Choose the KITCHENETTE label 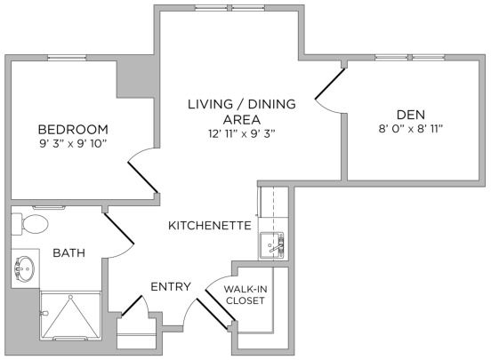pos(209,226)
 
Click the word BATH pos(68,253)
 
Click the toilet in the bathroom pos(31,223)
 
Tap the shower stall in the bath pos(69,316)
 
